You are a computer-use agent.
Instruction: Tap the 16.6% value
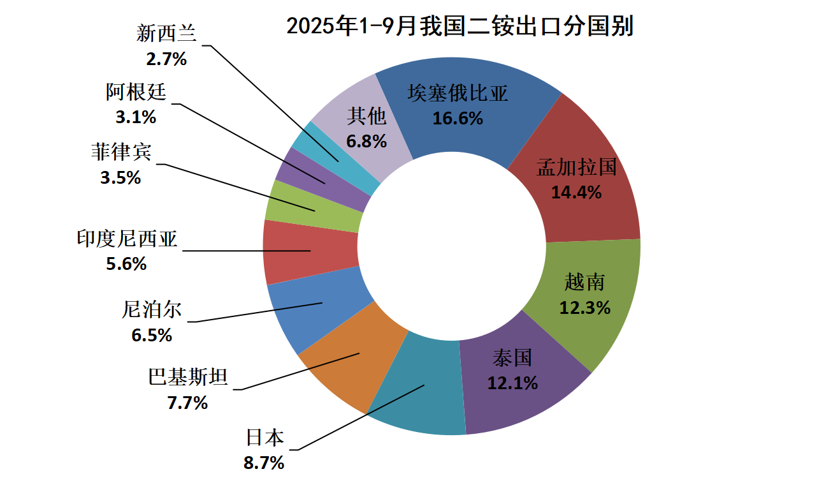[x=458, y=118]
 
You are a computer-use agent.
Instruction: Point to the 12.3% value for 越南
[x=584, y=308]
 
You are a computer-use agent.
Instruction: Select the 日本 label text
[x=265, y=438]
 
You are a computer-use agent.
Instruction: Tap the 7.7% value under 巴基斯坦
[x=187, y=403]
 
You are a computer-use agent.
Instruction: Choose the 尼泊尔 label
[x=152, y=310]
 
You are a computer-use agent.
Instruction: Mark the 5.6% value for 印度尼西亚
[x=126, y=263]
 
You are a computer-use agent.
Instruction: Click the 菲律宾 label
[x=121, y=152]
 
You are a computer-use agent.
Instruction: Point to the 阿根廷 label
[x=136, y=93]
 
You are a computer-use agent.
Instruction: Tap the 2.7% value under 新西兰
[x=166, y=59]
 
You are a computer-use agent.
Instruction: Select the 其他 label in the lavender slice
[x=366, y=117]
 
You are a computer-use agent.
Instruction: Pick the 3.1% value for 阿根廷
[x=136, y=117]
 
